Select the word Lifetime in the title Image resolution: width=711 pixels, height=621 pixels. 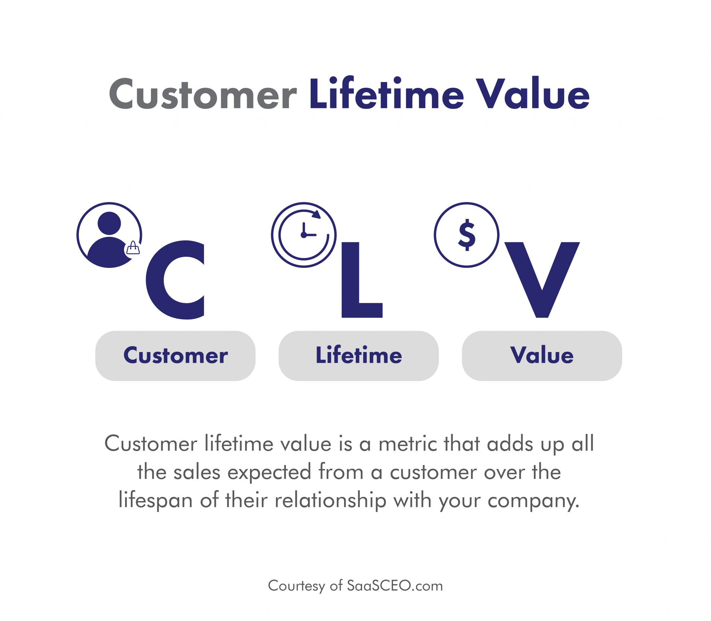coord(386,92)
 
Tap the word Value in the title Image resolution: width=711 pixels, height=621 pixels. coord(533,92)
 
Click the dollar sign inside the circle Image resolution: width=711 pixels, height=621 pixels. coord(467,235)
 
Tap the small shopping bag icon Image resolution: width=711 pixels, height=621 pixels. coord(133,248)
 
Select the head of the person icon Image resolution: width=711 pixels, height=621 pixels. coord(109,223)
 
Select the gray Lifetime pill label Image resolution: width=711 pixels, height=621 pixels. coord(359,356)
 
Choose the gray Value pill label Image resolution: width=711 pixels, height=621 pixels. coord(542,356)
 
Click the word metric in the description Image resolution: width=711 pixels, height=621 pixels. coord(408,444)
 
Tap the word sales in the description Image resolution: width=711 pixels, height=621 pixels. coord(197,473)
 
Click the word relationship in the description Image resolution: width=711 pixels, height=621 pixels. coord(331,501)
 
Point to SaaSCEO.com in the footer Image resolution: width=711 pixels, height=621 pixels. coord(395,586)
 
